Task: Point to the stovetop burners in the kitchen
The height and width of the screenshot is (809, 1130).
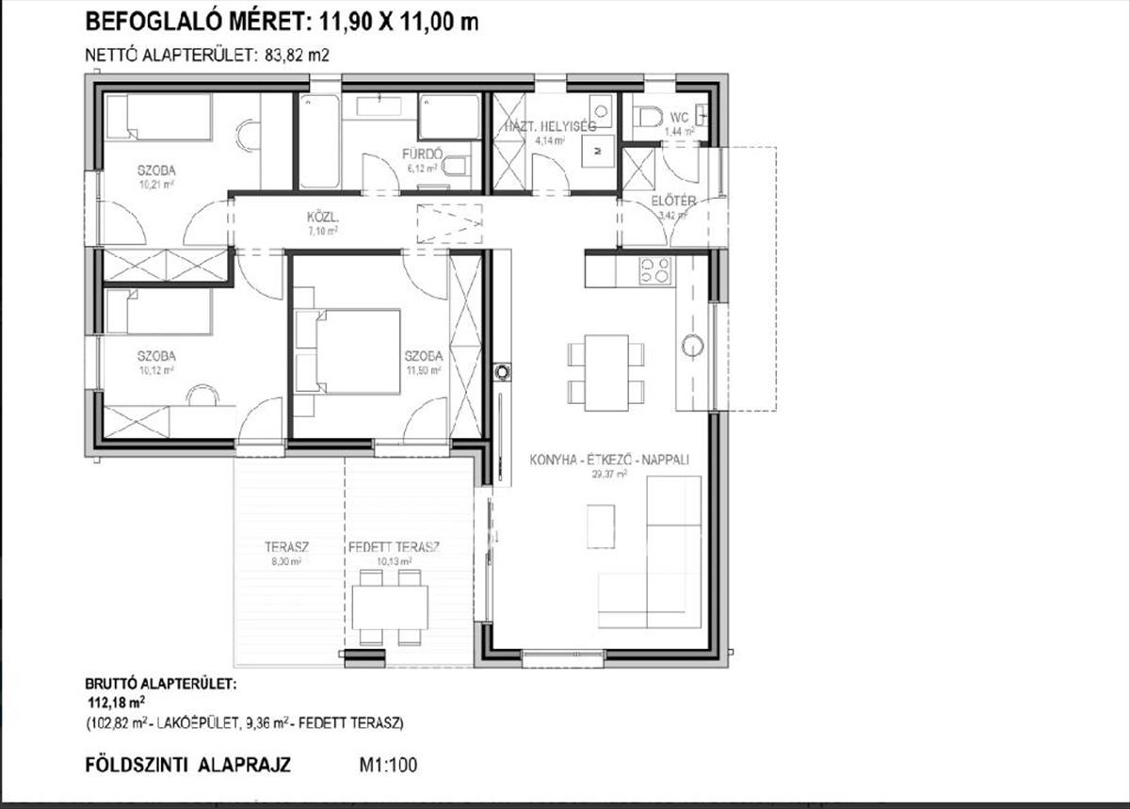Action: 655,270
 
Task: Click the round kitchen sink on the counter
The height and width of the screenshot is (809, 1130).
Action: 693,346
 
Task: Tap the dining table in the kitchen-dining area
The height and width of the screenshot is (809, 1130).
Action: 606,372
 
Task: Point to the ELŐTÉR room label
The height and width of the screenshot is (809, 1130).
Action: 673,201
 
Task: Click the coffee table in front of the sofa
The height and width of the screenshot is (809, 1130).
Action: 601,526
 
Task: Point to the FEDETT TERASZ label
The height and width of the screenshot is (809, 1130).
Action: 395,547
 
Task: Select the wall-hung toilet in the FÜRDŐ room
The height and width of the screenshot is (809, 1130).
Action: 456,166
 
